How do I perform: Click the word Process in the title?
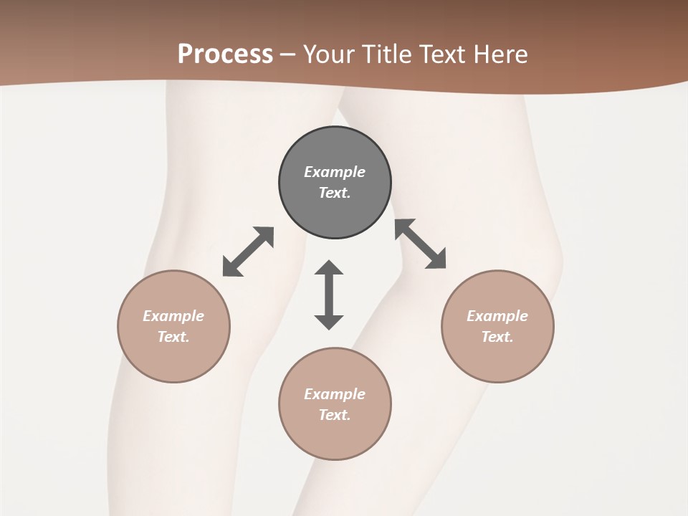point(225,54)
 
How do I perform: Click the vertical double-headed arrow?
point(329,295)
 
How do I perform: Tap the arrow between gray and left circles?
point(248,252)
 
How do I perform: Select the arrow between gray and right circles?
point(420,244)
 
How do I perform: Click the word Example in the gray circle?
point(335,172)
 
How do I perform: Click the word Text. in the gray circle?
point(335,193)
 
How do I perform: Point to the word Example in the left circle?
point(173,316)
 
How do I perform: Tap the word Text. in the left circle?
point(173,337)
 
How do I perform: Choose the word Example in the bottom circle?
point(335,394)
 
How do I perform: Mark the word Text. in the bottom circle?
point(335,415)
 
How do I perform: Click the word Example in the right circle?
point(497,316)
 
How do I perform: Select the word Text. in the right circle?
point(497,337)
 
